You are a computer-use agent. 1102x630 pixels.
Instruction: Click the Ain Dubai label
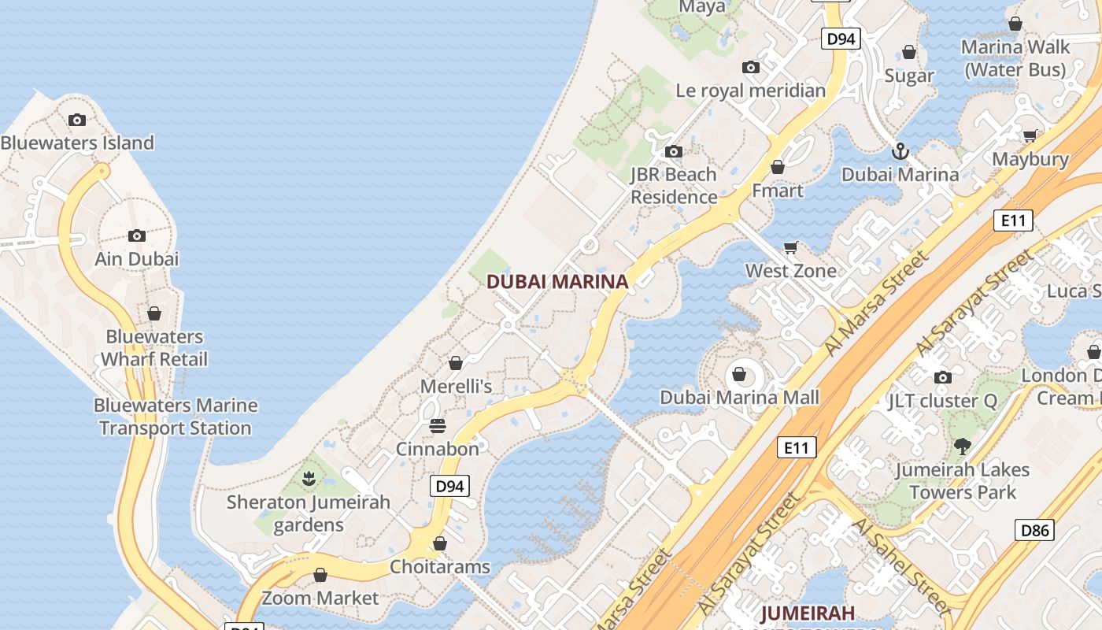[x=137, y=259]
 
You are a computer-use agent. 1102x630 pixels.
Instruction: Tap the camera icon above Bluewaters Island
[x=76, y=120]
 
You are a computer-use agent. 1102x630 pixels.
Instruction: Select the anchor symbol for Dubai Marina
[x=900, y=150]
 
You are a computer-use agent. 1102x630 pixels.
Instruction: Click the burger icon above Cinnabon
[x=438, y=426]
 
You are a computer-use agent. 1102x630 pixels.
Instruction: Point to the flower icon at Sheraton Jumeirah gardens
[x=309, y=478]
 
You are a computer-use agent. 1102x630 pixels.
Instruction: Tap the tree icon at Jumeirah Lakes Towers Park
[x=962, y=447]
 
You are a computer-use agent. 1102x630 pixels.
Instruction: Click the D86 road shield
[x=1034, y=530]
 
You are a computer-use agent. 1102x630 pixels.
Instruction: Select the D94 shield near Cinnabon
[x=449, y=486]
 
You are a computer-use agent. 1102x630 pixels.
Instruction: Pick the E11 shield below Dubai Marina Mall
[x=796, y=447]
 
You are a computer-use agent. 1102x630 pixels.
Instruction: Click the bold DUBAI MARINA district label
[x=557, y=281]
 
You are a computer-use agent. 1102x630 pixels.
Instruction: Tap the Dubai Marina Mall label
[x=739, y=398]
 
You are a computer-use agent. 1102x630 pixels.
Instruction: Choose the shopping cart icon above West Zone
[x=791, y=247]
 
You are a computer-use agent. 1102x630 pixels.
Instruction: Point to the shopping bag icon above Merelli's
[x=455, y=363]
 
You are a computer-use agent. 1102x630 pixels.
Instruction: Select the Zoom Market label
[x=320, y=598]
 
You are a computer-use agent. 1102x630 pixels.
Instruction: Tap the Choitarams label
[x=440, y=567]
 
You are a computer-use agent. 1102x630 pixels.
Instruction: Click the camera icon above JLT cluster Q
[x=942, y=377]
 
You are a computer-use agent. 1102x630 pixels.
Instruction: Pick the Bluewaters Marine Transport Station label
[x=176, y=417]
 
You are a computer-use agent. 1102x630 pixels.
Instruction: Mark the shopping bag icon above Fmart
[x=778, y=167]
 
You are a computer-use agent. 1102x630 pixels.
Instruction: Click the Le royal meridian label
[x=750, y=91]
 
